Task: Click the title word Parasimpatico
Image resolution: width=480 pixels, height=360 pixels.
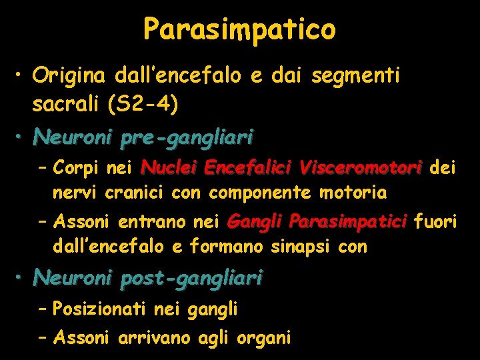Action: tap(239, 29)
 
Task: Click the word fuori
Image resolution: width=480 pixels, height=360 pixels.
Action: tap(435, 221)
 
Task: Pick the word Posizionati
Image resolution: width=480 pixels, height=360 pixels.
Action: tap(100, 309)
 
